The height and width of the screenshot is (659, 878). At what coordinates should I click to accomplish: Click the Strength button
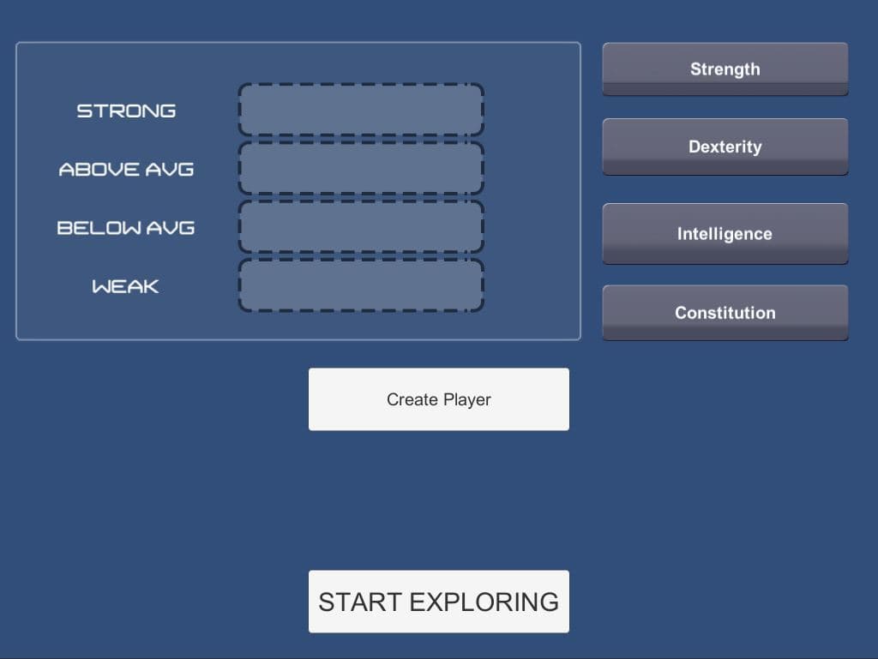coord(725,69)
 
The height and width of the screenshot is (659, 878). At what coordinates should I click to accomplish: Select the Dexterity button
coord(725,147)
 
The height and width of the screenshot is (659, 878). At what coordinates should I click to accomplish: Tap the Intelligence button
coord(725,233)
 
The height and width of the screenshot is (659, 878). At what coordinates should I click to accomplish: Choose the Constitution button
coord(725,312)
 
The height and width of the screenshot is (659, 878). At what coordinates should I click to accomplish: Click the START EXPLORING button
coord(438,602)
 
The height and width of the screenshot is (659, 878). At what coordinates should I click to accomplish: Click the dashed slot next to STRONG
coord(361,110)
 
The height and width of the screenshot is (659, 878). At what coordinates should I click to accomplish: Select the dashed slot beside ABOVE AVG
coord(361,168)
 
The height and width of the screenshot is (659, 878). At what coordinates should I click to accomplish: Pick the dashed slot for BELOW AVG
coord(361,226)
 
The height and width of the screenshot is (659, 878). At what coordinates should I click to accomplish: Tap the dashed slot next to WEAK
coord(361,285)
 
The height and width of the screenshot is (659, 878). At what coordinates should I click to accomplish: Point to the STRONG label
coord(126,111)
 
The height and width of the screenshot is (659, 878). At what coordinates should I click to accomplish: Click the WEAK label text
coord(125,286)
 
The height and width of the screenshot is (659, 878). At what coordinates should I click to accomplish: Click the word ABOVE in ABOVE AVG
coord(99,170)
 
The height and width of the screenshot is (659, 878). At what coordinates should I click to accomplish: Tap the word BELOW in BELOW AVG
coord(99,228)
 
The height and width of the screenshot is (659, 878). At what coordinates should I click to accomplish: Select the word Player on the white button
coord(467,400)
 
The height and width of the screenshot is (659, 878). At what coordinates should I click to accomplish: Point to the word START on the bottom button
coord(360,602)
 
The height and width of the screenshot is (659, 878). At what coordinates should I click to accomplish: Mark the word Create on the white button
coord(412,399)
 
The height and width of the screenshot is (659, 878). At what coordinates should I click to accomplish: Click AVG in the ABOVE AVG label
coord(170,170)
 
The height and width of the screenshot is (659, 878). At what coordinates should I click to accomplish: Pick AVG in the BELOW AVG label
coord(171,228)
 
